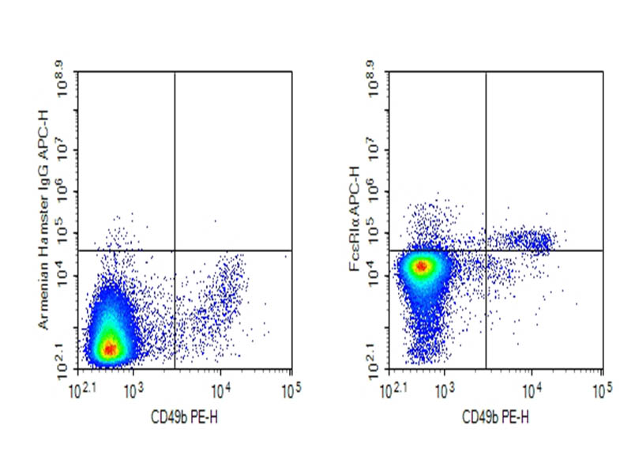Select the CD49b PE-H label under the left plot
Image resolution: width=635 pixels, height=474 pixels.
(184, 416)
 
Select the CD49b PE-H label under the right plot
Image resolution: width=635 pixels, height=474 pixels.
(495, 416)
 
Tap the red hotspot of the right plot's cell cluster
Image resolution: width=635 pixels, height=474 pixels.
(422, 266)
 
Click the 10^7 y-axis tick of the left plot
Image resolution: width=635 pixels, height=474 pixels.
(64, 149)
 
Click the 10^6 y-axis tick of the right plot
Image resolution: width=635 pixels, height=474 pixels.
(376, 191)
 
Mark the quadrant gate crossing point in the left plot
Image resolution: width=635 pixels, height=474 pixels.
(174, 250)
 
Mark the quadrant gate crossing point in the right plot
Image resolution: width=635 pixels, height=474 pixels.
(485, 250)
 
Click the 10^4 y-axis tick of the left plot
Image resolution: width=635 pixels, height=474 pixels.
(64, 273)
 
